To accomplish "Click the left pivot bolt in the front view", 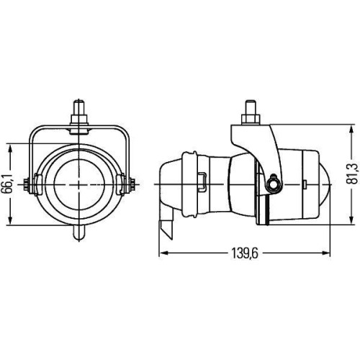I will pyautogui.click(x=29, y=184).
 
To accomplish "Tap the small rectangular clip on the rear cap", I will pyautogui.click(x=202, y=184).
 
